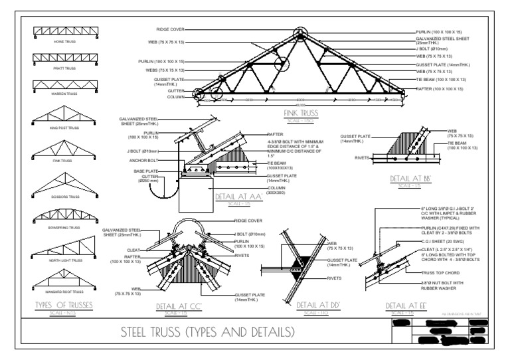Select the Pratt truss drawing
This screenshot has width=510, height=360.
[x=65, y=58]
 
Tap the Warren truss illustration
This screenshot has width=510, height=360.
[x=65, y=84]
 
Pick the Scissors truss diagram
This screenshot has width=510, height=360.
[x=65, y=181]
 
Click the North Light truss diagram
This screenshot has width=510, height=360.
[x=65, y=249]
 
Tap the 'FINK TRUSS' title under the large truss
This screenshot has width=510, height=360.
[x=300, y=113]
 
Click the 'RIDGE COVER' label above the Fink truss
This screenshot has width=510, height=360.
[x=171, y=29]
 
